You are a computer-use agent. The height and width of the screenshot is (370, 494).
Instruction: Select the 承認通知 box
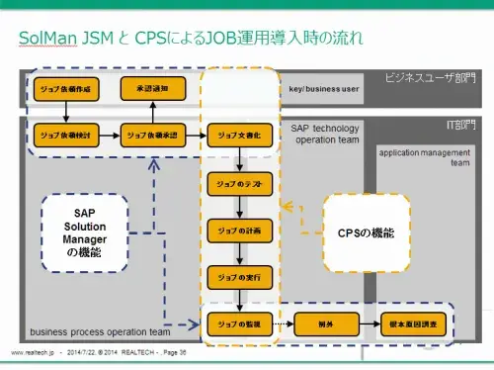coord(151,89)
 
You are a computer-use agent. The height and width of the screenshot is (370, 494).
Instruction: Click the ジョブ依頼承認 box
coord(151,134)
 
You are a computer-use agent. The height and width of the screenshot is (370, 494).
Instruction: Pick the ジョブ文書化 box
coord(238,134)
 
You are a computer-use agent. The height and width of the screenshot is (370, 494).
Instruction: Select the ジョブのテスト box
coord(238,183)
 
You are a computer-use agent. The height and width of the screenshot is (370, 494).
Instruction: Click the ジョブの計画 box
coord(238,230)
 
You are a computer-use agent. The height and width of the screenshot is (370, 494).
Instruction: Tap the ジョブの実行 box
coord(238,277)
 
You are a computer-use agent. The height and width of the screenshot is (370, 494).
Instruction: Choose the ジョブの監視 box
coord(238,324)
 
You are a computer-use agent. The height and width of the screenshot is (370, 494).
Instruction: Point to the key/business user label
coord(324,89)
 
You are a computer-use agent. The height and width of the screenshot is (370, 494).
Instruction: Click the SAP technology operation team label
coord(324,134)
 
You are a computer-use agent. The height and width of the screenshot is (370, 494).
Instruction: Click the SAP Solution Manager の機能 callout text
coord(84,232)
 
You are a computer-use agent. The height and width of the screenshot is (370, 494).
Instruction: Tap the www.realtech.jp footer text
coord(32,353)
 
